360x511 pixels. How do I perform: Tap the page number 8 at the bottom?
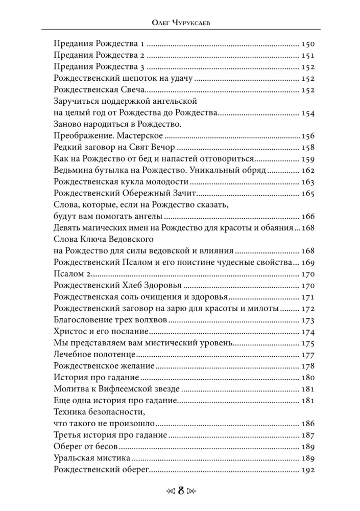180,492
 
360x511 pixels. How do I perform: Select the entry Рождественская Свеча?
97,90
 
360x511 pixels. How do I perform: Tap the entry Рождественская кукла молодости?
122,181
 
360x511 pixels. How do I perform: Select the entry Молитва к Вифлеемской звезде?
117,389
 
